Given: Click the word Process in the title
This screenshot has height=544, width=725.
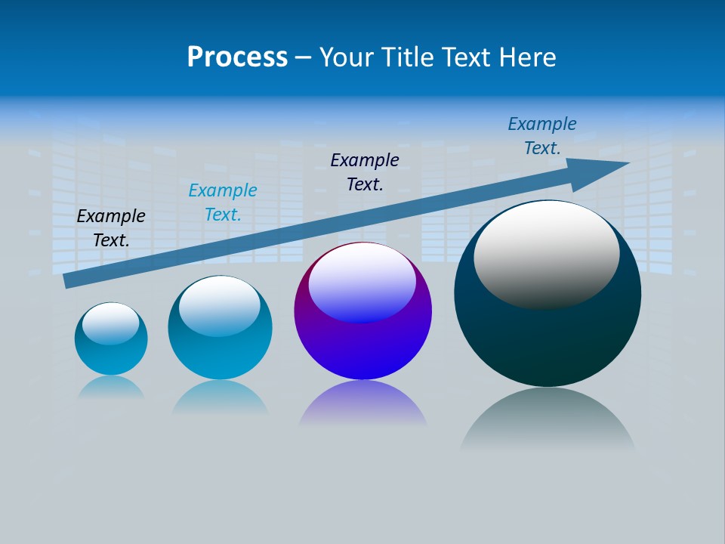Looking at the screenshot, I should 237,57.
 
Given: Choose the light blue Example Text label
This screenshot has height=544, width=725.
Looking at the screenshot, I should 223,202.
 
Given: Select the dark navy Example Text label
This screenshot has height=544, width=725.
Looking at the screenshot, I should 365,172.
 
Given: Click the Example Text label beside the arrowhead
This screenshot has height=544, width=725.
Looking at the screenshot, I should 542,136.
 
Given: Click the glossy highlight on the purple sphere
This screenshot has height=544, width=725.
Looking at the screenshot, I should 362,283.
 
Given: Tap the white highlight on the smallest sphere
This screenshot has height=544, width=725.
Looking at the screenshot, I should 110,323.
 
